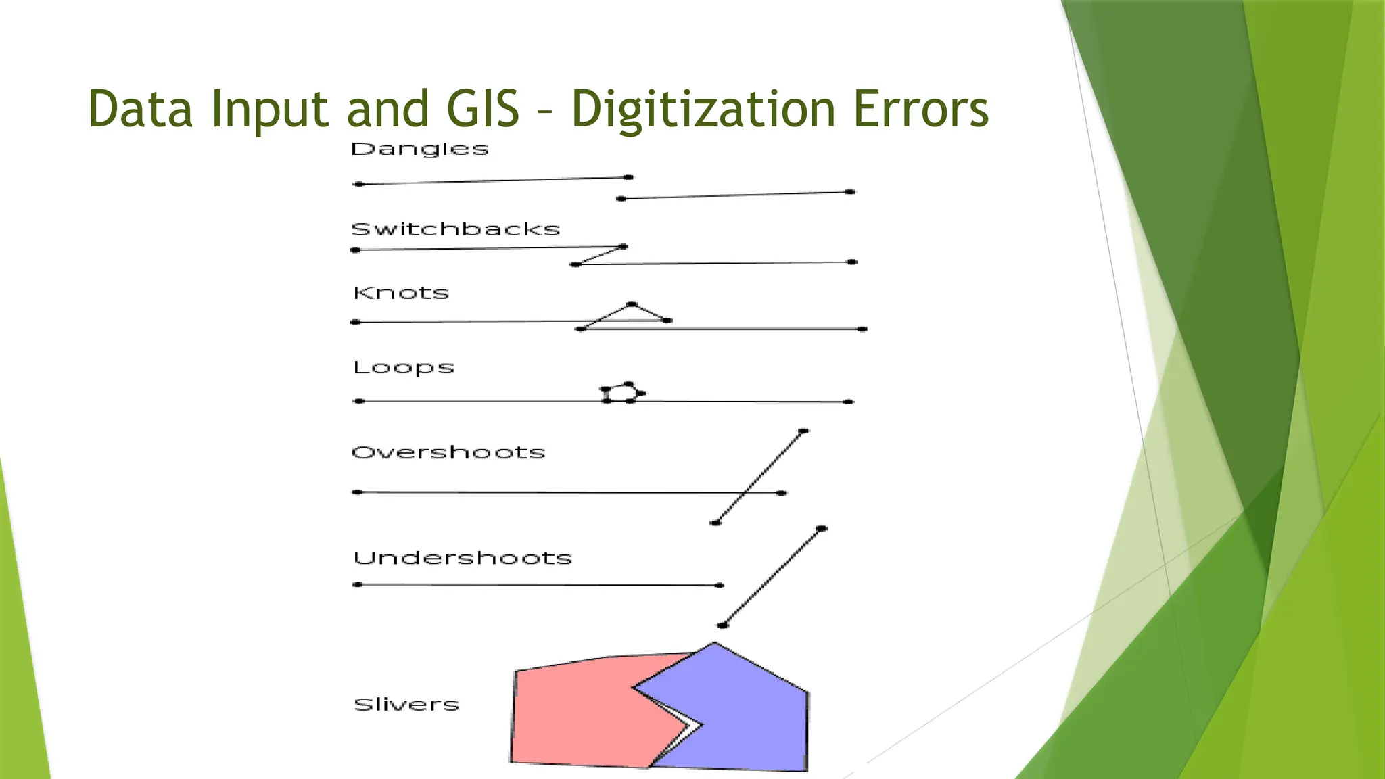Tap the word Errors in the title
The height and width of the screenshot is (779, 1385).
coord(920,110)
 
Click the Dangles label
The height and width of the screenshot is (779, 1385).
coord(419,149)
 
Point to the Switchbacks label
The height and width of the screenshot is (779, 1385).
coord(456,229)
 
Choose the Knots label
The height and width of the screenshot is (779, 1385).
coord(401,293)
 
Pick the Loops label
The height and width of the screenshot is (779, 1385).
coord(403,368)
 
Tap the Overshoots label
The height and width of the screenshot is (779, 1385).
coord(448,452)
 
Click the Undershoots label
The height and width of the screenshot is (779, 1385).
coord(463,558)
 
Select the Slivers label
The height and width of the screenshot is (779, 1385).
coord(406,705)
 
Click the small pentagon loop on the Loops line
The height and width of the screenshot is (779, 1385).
coord(621,393)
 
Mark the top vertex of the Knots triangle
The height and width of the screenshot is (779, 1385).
coord(632,304)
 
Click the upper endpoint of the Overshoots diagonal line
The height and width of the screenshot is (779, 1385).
coord(803,431)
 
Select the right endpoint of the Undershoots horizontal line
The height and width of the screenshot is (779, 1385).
coord(720,585)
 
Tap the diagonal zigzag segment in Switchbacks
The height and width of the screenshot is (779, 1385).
coord(599,256)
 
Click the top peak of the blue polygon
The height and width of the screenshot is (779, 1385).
coord(714,644)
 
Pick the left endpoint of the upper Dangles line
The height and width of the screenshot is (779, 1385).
coord(359,184)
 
